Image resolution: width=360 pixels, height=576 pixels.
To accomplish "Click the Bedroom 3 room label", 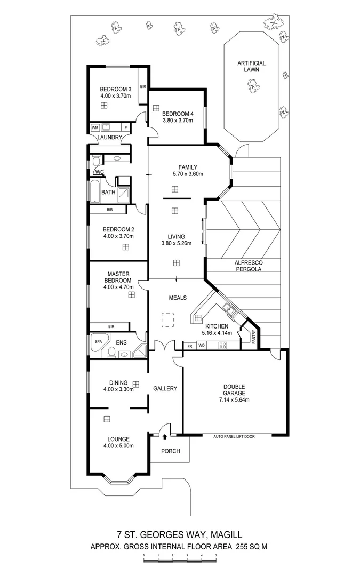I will [x=116, y=89].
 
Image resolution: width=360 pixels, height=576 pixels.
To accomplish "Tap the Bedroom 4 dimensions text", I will [x=178, y=121].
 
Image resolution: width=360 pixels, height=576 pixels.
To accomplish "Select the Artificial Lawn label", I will [x=251, y=66].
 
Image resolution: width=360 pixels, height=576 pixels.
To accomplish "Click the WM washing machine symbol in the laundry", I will [x=95, y=127].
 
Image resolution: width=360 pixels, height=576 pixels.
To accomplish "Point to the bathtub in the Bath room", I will [x=94, y=192].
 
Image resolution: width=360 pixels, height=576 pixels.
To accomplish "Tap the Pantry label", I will [x=254, y=337].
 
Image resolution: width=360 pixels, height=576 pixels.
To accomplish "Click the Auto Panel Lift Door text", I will [x=234, y=436].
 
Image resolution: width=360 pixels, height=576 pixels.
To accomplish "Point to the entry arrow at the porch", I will [x=165, y=437].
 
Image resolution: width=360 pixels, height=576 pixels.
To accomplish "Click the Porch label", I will [x=171, y=451].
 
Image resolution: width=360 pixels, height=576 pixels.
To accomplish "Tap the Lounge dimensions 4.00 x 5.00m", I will [x=118, y=446].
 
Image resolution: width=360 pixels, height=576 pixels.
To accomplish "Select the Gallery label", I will [x=165, y=389].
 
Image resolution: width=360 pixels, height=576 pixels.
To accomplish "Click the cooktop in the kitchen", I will [x=222, y=346].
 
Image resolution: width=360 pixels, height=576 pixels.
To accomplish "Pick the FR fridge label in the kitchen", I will [x=189, y=346].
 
